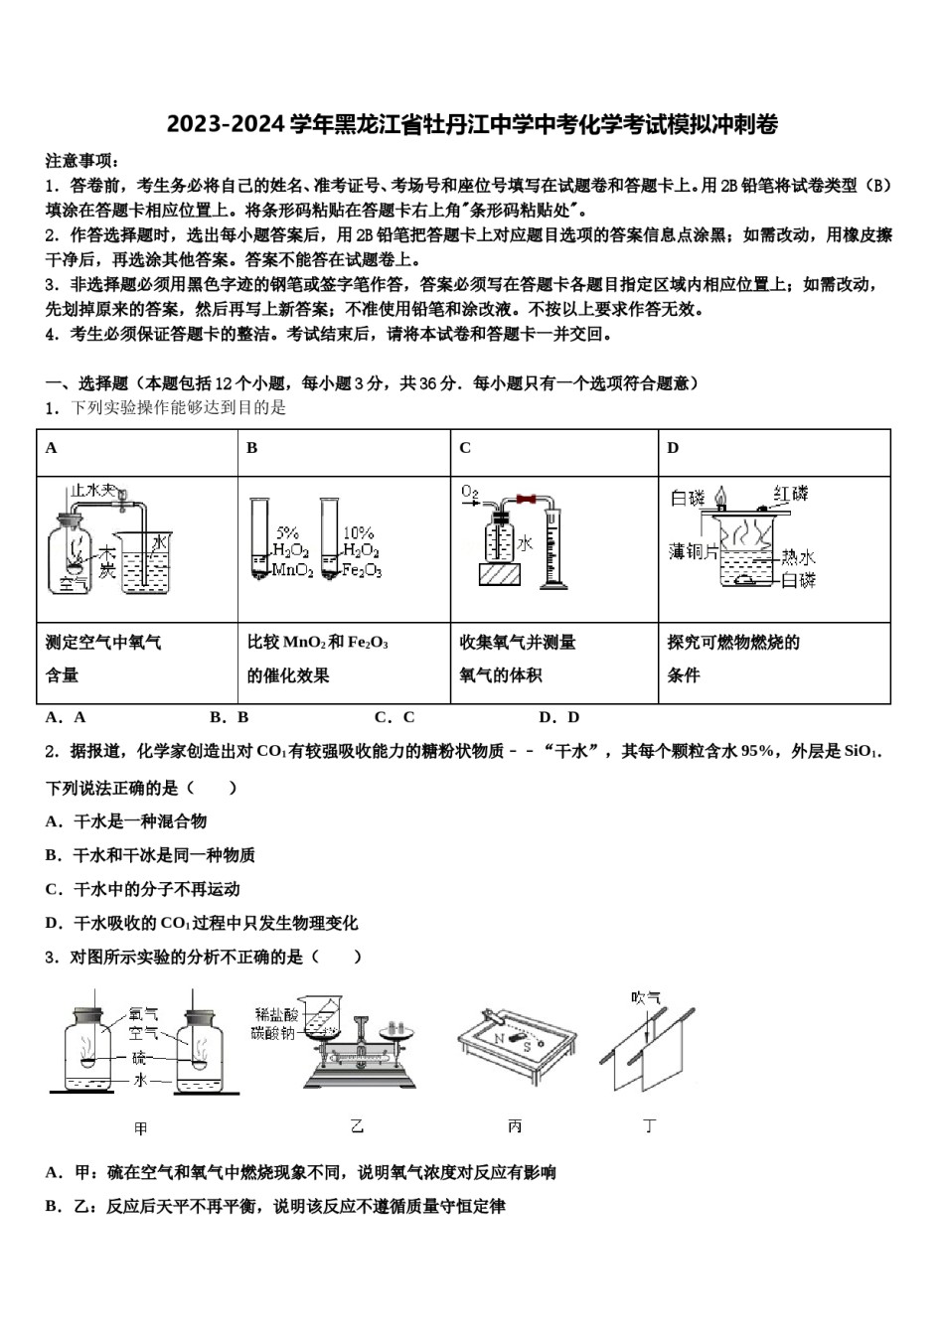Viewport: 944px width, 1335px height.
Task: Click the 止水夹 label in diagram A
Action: pos(92,491)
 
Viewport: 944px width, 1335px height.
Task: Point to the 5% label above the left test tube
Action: pos(287,532)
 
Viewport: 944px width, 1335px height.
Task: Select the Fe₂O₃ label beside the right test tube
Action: pos(363,570)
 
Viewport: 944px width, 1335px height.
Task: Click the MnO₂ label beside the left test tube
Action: pos(292,570)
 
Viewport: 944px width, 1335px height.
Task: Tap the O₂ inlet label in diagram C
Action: pos(470,493)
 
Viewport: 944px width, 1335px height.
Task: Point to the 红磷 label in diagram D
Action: pos(791,494)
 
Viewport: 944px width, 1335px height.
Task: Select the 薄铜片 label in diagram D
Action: pos(693,551)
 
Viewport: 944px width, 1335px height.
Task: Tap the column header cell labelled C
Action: pos(465,448)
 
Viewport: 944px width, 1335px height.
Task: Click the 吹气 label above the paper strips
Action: pos(646,996)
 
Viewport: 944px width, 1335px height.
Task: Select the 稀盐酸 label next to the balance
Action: pos(274,1013)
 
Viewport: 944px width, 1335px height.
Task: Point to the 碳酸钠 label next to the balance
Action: pos(274,1033)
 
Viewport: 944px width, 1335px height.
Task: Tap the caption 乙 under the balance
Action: pos(357,1125)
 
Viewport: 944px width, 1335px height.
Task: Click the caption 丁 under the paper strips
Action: pos(650,1125)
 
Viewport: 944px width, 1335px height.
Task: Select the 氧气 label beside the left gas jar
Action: pos(143,1014)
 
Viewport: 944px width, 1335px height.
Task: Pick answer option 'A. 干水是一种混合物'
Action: pos(126,821)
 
